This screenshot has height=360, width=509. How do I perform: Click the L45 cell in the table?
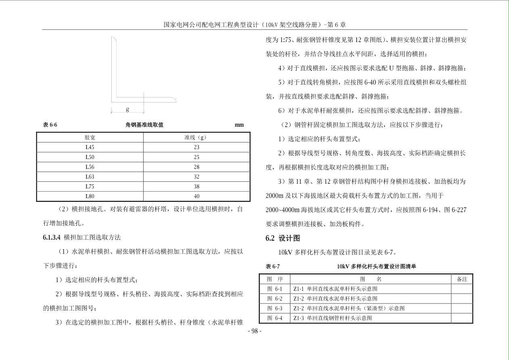point(90,147)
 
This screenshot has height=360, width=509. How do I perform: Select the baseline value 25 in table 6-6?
point(196,157)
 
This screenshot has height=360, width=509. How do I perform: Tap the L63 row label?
point(90,177)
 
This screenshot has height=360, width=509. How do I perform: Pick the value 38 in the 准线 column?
point(196,186)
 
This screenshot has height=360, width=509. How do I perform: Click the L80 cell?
point(90,196)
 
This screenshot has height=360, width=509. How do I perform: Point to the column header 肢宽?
point(90,137)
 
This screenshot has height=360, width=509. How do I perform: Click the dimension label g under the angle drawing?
point(127,109)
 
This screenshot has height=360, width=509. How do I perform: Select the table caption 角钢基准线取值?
point(144,125)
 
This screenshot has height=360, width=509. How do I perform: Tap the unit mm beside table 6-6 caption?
point(239,125)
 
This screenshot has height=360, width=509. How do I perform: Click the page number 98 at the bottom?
point(254,331)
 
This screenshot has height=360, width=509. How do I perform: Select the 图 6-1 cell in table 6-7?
point(275,289)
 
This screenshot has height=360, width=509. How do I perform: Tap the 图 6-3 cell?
point(275,308)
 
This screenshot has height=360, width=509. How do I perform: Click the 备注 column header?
point(462,279)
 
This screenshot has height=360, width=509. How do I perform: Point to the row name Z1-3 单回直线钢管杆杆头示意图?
point(333,318)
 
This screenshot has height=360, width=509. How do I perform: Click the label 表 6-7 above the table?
point(273,266)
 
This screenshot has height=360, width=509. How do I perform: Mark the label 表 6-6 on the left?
point(50,125)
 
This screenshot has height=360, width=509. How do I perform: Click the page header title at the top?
point(255,25)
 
